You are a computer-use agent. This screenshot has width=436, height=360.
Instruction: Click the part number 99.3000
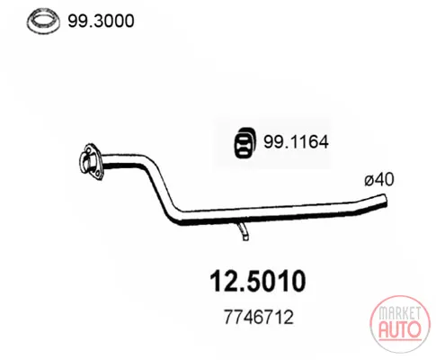pyautogui.click(x=101, y=21)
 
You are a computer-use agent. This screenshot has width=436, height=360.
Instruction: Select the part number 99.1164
pyautogui.click(x=296, y=141)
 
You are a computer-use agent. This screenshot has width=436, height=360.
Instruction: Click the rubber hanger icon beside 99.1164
pyautogui.click(x=245, y=143)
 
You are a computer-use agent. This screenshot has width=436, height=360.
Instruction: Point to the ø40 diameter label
pyautogui.click(x=379, y=180)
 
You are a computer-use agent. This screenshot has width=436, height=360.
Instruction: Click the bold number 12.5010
pyautogui.click(x=258, y=282)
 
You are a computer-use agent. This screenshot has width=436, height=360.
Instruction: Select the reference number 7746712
pyautogui.click(x=259, y=317)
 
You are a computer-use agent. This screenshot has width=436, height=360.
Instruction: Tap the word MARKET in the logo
pyautogui.click(x=399, y=314)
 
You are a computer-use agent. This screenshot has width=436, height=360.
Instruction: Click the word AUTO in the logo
pyautogui.click(x=400, y=329)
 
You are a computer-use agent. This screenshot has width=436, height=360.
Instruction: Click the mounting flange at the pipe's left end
pyautogui.click(x=90, y=162)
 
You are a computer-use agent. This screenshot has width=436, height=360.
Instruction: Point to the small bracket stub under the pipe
pyautogui.click(x=243, y=231)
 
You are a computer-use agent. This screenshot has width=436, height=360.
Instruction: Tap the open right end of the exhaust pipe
pyautogui.click(x=384, y=201)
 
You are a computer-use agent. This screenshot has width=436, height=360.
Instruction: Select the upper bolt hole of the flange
pyautogui.click(x=88, y=149)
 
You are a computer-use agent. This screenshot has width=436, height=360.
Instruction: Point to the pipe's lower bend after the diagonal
pyautogui.click(x=175, y=217)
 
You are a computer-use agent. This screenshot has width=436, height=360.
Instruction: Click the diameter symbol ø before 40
pyautogui.click(x=369, y=181)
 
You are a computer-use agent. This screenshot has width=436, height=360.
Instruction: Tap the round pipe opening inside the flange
pyautogui.click(x=85, y=162)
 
